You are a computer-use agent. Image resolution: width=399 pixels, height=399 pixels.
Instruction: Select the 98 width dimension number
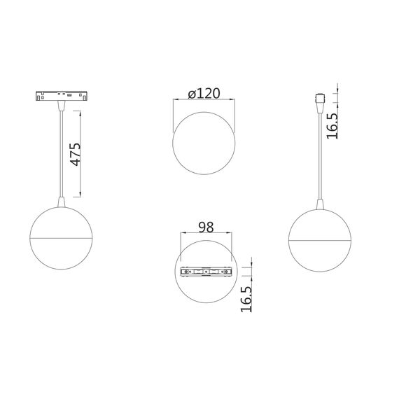(206, 227)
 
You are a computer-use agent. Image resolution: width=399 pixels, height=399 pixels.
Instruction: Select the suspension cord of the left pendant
(63, 150)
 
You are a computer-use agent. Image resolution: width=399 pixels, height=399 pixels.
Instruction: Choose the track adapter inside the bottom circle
(206, 271)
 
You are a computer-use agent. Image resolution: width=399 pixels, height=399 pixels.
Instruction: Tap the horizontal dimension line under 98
(206, 235)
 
